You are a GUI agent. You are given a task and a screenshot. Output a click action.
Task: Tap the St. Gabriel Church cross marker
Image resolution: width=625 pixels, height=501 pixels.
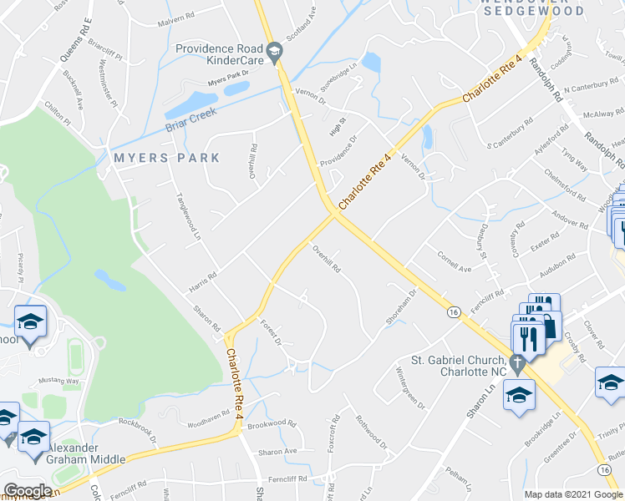coord(517,365)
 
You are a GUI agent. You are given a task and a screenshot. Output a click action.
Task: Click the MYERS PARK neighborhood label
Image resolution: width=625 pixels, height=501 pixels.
coord(168,158)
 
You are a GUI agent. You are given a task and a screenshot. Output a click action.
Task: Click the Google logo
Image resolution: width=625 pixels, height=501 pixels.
coord(28,491)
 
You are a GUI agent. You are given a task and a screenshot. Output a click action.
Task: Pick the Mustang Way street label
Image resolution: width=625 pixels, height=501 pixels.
coord(59,380)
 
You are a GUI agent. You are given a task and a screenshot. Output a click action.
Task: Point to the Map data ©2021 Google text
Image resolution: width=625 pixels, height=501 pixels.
coord(572,494)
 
